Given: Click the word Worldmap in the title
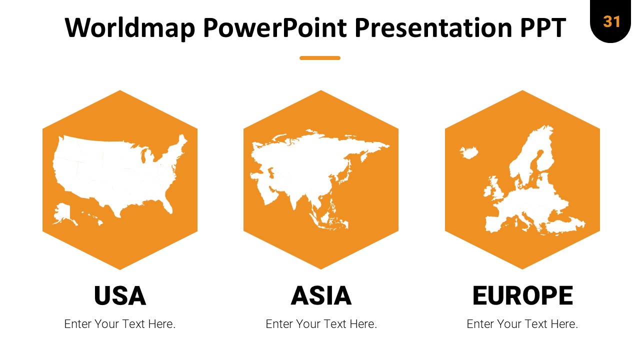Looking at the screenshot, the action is pyautogui.click(x=130, y=27).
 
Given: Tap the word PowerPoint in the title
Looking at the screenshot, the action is pyautogui.click(x=275, y=27).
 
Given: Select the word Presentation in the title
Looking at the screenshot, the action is pyautogui.click(x=433, y=27).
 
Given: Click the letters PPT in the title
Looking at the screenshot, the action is pyautogui.click(x=543, y=27).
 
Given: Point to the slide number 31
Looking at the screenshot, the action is pyautogui.click(x=611, y=21).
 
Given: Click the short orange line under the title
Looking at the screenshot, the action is pyautogui.click(x=320, y=58).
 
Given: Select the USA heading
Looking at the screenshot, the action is pyautogui.click(x=120, y=295).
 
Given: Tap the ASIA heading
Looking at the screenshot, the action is pyautogui.click(x=321, y=295).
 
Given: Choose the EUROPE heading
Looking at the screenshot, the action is pyautogui.click(x=522, y=295).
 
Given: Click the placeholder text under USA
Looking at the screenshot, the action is pyautogui.click(x=119, y=324).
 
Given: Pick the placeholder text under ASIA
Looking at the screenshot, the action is pyautogui.click(x=321, y=324).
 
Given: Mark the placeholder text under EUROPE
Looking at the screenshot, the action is pyautogui.click(x=522, y=324).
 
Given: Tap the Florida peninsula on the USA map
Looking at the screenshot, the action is pyautogui.click(x=167, y=204).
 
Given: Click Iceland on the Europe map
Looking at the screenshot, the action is pyautogui.click(x=469, y=152).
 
